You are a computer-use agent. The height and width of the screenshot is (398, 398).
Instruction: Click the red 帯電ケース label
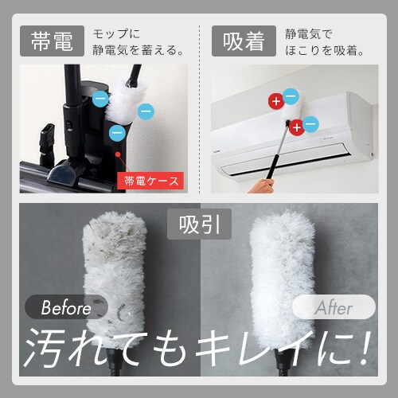[151, 181]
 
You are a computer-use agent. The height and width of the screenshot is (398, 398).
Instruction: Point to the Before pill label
[68, 307]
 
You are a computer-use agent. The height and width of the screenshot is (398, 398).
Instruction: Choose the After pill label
[334, 307]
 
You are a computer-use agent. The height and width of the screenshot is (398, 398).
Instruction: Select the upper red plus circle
[275, 101]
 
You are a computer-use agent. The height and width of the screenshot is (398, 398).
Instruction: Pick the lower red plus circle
[297, 127]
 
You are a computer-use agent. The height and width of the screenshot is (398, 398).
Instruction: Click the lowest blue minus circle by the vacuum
[117, 131]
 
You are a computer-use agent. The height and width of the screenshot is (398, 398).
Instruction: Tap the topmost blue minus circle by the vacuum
[100, 99]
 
